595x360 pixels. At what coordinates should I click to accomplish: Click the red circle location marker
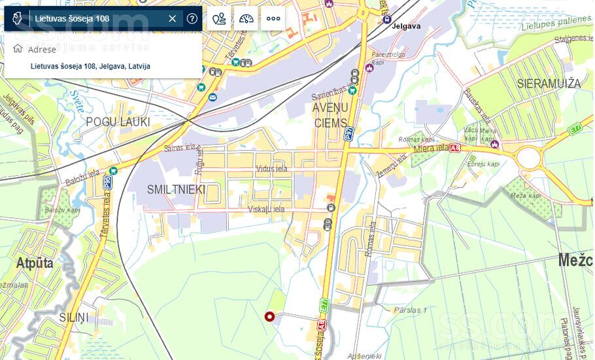269,318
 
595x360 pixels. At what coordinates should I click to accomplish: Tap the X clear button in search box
173,18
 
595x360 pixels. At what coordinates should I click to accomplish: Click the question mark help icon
192,18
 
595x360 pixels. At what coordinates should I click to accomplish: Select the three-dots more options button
273,18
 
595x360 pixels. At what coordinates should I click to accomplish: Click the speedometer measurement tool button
246,18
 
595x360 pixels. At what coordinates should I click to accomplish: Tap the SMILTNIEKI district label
176,189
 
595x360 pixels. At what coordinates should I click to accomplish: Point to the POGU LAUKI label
118,122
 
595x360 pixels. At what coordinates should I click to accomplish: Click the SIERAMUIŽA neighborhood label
549,84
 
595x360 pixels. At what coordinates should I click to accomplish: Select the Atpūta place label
35,264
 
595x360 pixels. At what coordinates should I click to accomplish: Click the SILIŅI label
73,318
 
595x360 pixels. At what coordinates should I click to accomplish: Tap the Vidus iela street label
271,169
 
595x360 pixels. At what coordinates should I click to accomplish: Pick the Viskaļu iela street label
266,209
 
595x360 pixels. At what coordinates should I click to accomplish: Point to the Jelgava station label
406,26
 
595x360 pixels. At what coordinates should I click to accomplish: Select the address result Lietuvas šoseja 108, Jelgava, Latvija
90,66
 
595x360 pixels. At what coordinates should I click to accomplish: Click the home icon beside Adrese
18,49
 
